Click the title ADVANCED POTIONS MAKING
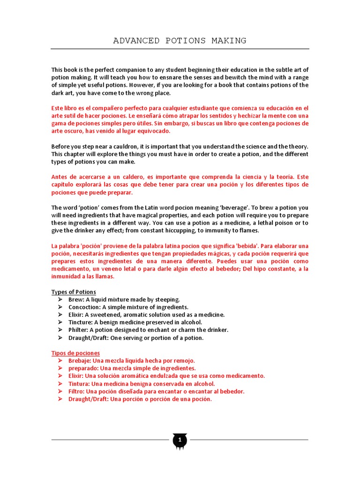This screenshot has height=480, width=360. pos(180,41)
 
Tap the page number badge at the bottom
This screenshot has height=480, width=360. pos(180,440)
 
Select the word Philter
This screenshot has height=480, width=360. pos(78,330)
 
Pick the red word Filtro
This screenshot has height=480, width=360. pos(76,391)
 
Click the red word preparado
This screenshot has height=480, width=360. pos(82,368)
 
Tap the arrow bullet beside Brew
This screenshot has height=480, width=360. pos(60,300)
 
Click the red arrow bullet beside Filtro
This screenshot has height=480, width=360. pos(60,391)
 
